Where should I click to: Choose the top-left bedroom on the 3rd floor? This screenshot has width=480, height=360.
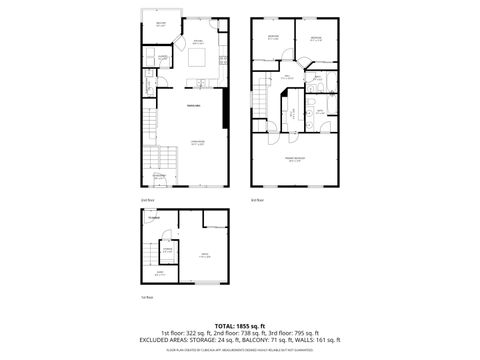(273, 39)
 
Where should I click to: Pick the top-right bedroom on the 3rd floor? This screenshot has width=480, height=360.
(316, 39)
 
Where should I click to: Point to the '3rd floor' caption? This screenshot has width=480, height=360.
(256, 200)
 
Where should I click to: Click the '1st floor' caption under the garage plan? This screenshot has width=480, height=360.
(147, 297)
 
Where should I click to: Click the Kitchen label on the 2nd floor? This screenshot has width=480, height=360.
(198, 40)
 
